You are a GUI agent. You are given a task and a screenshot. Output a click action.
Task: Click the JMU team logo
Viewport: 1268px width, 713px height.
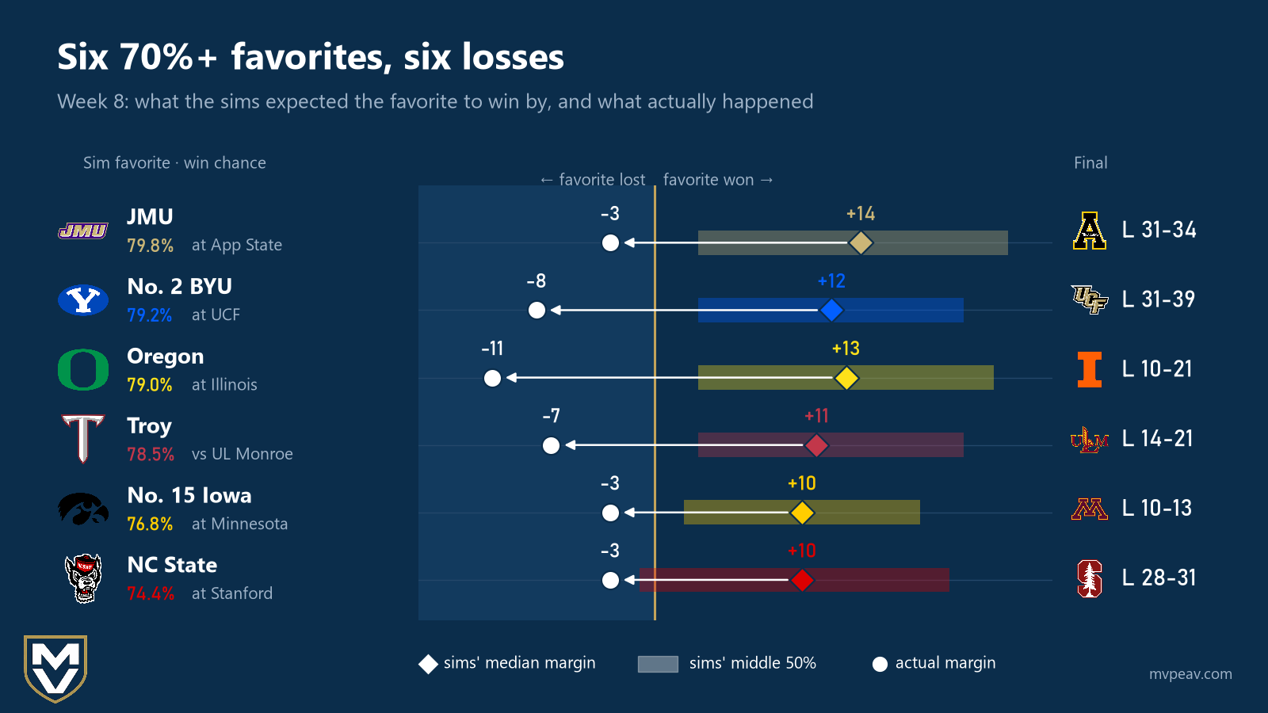(83, 231)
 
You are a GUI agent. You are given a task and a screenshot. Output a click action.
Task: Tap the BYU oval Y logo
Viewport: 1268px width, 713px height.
(83, 300)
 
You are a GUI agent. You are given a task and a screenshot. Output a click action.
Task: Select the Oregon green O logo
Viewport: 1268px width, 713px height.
(83, 369)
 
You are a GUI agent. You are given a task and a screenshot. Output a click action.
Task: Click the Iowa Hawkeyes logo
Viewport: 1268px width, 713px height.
(83, 509)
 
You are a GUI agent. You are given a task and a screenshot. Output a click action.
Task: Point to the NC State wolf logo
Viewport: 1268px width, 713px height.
(83, 578)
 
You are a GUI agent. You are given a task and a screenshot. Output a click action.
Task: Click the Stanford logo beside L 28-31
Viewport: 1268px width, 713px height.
(1089, 578)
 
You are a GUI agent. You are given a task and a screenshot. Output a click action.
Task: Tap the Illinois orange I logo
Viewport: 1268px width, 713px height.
(1089, 369)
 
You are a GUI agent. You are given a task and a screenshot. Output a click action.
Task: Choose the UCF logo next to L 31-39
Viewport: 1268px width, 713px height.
(1089, 299)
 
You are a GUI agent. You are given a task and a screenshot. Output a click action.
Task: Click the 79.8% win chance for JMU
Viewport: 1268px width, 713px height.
(150, 245)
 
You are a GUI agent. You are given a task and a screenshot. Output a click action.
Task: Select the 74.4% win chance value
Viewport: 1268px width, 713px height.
(150, 593)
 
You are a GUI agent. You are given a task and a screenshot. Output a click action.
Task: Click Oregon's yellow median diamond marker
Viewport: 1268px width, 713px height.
(846, 377)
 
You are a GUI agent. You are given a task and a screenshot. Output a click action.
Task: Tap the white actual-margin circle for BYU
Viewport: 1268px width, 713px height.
(537, 310)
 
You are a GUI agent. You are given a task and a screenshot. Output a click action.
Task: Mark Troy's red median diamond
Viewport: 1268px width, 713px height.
(816, 444)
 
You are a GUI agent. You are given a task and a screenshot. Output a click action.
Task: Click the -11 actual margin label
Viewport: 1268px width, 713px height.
(492, 348)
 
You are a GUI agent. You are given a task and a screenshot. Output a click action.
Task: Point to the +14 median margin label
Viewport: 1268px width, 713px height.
(861, 213)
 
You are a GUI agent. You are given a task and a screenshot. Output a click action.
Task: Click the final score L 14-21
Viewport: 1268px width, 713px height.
(1158, 439)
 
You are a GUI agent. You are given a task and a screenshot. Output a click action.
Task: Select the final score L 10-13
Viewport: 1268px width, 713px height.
(1157, 508)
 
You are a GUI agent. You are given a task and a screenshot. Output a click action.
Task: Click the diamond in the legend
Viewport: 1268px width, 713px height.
(428, 665)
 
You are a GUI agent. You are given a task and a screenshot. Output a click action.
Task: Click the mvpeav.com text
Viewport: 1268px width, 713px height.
(1190, 674)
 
